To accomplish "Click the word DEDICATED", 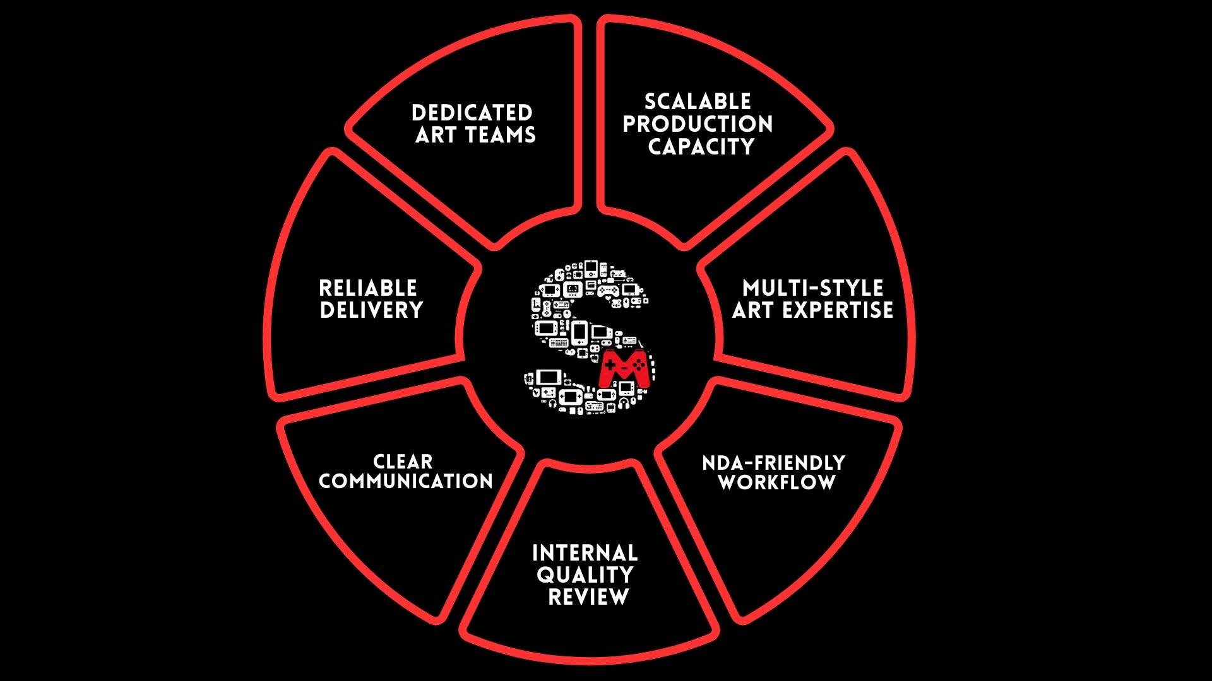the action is [472, 113].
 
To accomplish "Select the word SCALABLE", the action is [698, 101].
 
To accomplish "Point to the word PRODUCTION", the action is [698, 124].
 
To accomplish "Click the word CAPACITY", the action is [701, 146].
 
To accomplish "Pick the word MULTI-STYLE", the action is [813, 288].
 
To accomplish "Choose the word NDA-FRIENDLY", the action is [773, 463].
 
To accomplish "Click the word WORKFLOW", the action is [777, 483].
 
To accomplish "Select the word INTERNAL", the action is [585, 553].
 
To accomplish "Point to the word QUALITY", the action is [585, 575].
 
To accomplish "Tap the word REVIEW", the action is [588, 597].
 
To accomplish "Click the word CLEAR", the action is [403, 461].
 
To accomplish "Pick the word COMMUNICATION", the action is [406, 481].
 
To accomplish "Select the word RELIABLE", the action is [368, 288].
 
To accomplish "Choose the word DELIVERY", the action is [371, 310].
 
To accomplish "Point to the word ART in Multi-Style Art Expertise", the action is [752, 310].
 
